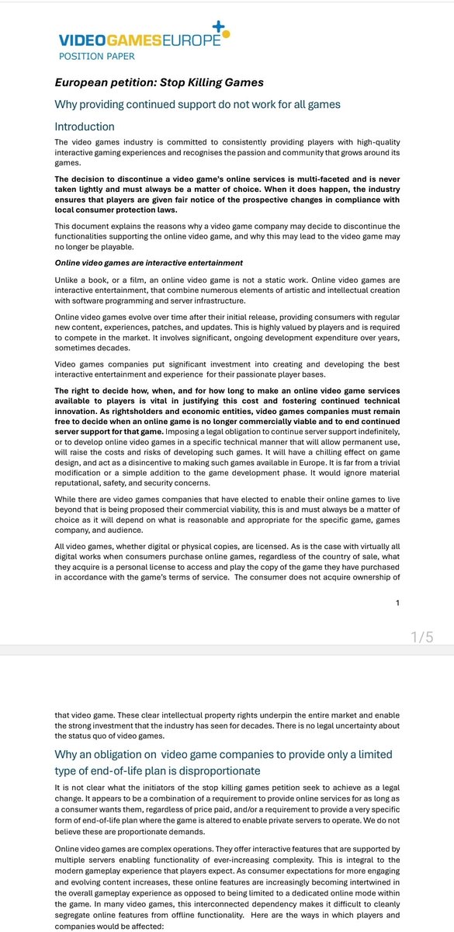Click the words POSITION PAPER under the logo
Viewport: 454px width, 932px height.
[x=97, y=57]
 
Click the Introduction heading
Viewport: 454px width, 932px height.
[x=85, y=126]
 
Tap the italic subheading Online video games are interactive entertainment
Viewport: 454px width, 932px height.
[x=148, y=263]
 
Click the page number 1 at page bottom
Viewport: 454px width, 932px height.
[x=397, y=602]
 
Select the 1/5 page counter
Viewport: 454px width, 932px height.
[x=421, y=637]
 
